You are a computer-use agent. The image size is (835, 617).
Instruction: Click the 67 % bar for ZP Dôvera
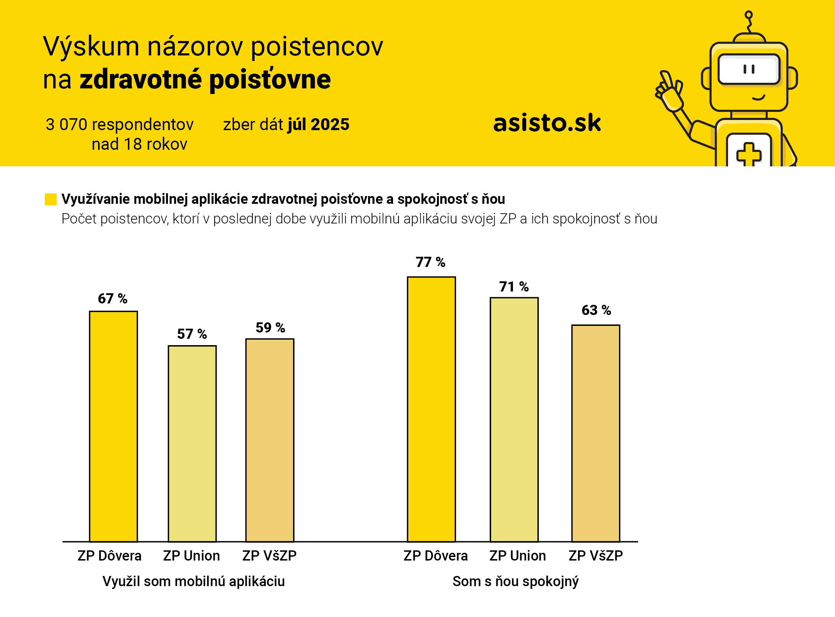pyautogui.click(x=114, y=426)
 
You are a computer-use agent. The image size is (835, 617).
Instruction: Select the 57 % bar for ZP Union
pyautogui.click(x=192, y=443)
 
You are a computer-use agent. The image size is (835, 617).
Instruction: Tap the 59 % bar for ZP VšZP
pyautogui.click(x=270, y=440)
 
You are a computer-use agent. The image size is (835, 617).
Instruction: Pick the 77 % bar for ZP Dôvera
pyautogui.click(x=432, y=409)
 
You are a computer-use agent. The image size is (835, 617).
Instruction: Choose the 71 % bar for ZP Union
pyautogui.click(x=514, y=420)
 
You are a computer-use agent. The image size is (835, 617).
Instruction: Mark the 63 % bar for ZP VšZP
pyautogui.click(x=596, y=433)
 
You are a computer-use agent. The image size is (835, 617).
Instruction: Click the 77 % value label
pyautogui.click(x=430, y=262)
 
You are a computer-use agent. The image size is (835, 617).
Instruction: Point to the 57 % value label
pyautogui.click(x=192, y=334)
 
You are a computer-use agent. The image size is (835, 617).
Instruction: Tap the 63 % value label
pyautogui.click(x=596, y=310)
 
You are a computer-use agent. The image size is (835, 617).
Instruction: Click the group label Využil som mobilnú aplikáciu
pyautogui.click(x=194, y=582)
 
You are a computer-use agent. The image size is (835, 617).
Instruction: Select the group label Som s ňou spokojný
pyautogui.click(x=516, y=582)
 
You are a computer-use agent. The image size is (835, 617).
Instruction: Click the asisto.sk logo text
pyautogui.click(x=547, y=123)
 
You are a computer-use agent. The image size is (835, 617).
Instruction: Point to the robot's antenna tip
pyautogui.click(x=748, y=15)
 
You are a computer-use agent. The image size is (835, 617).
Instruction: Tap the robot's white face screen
pyautogui.click(x=749, y=69)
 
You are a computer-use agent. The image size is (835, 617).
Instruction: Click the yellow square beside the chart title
pyautogui.click(x=50, y=199)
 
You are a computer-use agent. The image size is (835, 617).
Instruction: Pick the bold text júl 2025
pyautogui.click(x=318, y=125)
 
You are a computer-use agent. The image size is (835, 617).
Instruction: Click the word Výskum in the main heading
pyautogui.click(x=91, y=47)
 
